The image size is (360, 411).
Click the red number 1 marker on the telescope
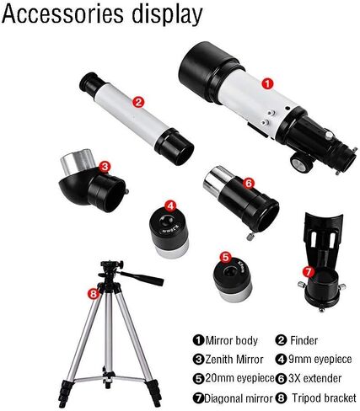[x=267, y=83]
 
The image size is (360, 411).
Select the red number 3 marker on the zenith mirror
[x=105, y=166]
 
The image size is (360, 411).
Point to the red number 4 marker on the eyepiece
[x=170, y=205]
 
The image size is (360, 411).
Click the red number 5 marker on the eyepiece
[x=225, y=256]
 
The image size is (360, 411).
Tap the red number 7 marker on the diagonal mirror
[x=308, y=271]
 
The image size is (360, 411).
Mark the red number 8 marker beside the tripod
[x=93, y=294]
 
